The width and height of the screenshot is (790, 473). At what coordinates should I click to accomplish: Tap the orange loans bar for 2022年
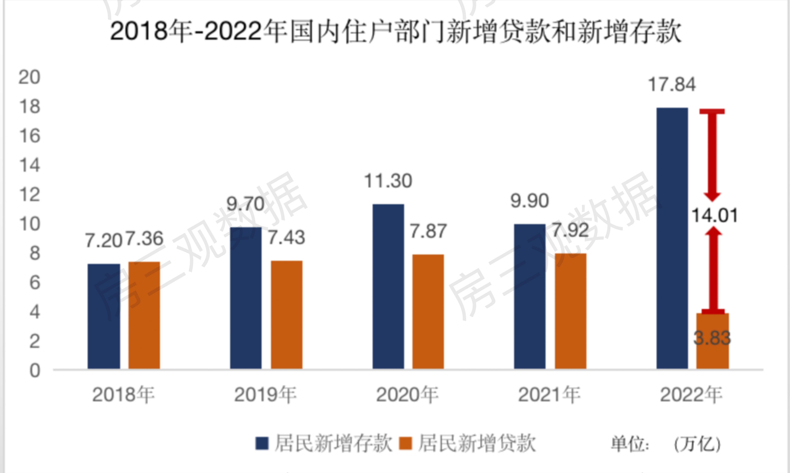click(713, 341)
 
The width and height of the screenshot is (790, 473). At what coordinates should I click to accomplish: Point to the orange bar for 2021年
click(570, 311)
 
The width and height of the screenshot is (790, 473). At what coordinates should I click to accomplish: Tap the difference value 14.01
click(714, 215)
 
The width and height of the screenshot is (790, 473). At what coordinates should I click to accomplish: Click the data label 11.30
click(388, 181)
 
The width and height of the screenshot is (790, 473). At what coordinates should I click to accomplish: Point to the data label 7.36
click(144, 239)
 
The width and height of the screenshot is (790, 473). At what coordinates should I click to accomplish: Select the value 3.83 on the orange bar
click(712, 338)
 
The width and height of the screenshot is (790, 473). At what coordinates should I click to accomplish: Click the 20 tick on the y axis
click(29, 77)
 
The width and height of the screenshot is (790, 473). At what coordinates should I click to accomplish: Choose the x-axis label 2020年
click(407, 395)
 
